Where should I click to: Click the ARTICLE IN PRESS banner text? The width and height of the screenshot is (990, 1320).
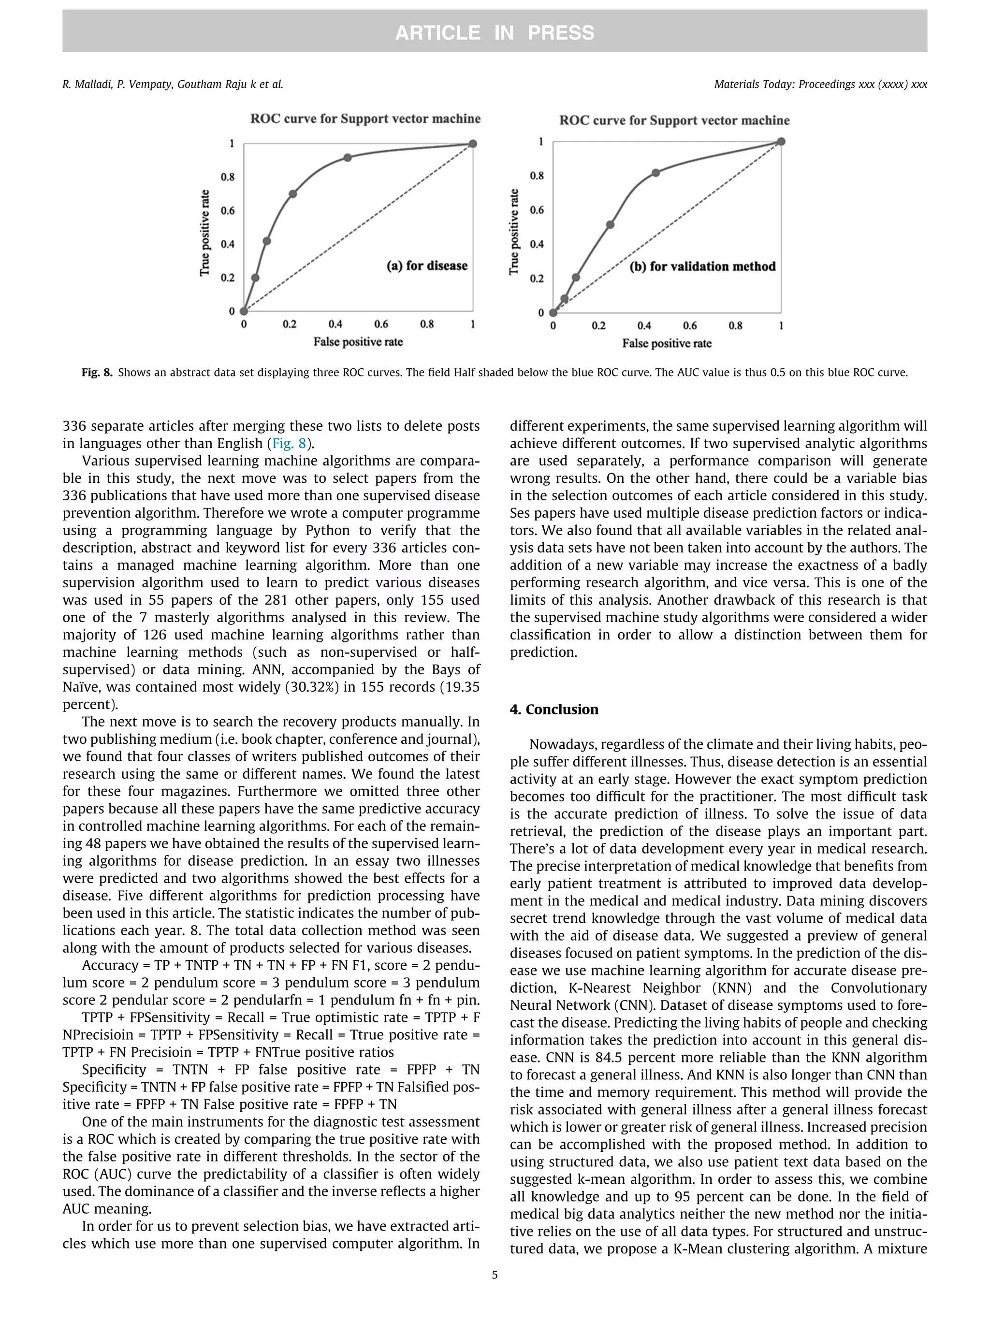click(494, 32)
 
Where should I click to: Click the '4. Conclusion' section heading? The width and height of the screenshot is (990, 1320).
click(554, 710)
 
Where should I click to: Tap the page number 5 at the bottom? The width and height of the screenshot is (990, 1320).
click(494, 1275)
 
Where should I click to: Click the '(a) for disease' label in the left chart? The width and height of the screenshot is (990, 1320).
click(427, 265)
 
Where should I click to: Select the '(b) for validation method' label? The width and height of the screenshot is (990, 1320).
click(702, 267)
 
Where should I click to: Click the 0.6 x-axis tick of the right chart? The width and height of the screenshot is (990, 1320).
click(689, 326)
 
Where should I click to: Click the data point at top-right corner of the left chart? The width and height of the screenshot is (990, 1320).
click(473, 144)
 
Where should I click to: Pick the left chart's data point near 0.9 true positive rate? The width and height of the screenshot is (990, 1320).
click(347, 158)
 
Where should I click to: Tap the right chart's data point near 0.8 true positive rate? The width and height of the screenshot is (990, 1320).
click(655, 173)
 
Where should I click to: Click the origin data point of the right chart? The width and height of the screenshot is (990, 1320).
click(553, 313)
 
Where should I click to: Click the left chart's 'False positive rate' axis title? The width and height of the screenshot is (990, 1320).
click(358, 342)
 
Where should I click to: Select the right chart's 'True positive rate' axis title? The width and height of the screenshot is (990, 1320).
click(514, 232)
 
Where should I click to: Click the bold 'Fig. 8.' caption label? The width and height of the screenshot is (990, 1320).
click(97, 373)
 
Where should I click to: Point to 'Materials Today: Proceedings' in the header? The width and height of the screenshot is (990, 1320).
click(784, 84)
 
